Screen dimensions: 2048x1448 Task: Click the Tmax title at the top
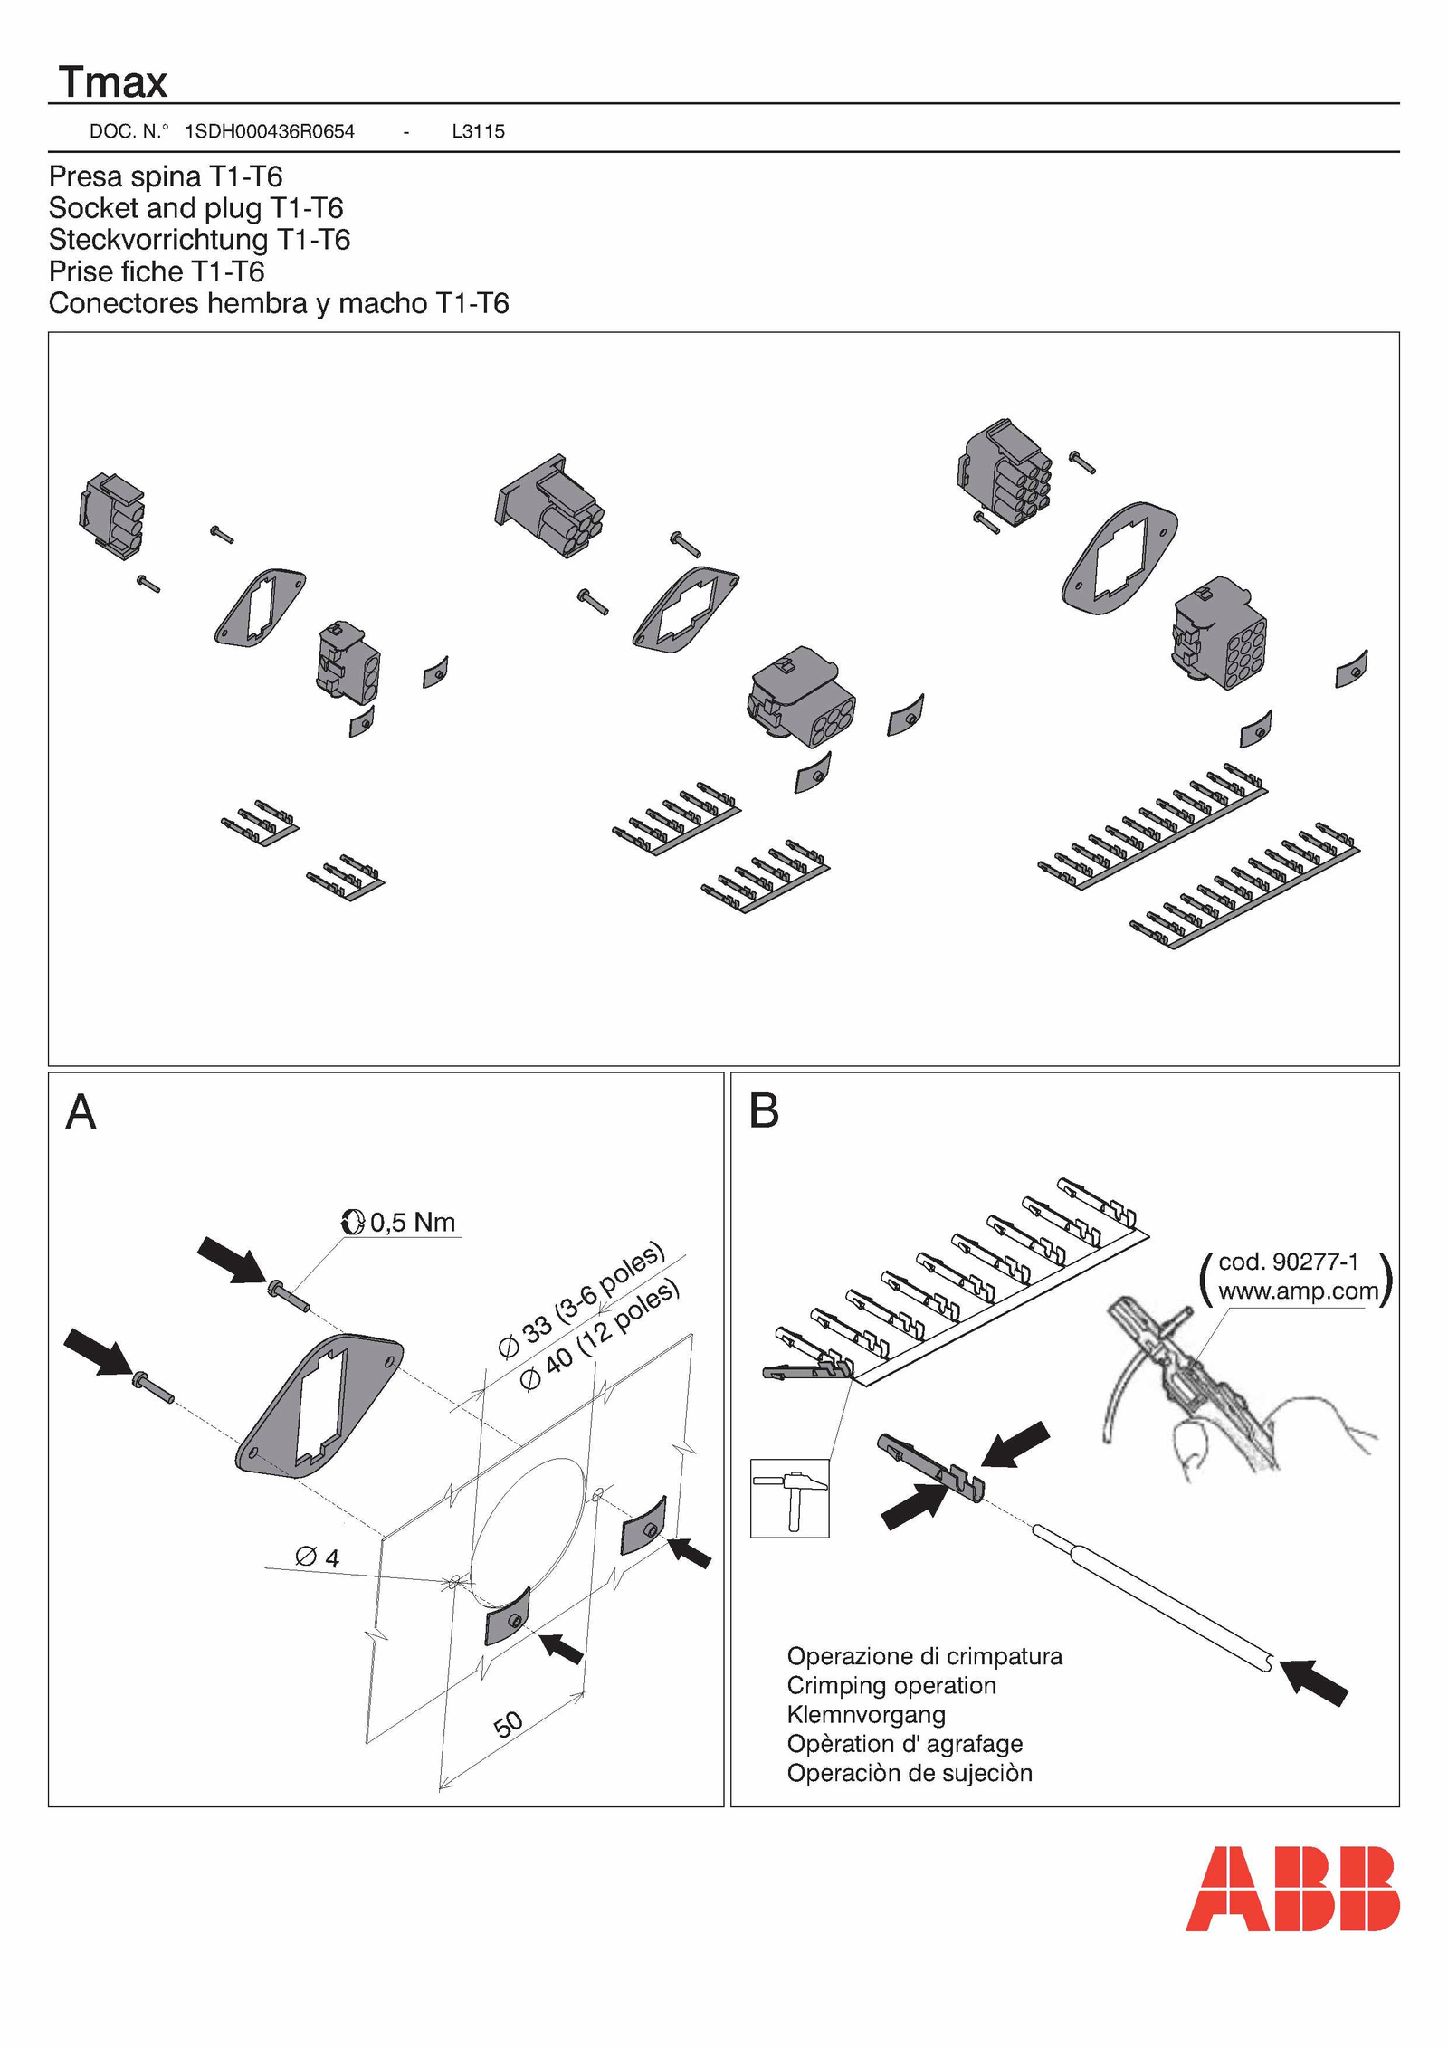[113, 82]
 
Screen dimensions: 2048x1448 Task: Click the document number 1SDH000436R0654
[269, 131]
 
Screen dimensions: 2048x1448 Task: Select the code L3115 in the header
[478, 131]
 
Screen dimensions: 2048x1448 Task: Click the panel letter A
[81, 1112]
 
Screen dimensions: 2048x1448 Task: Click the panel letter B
[764, 1112]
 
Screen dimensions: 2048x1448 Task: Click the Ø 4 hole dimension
[318, 1557]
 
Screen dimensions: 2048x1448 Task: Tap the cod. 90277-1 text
[1288, 1262]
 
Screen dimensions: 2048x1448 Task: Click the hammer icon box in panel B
[789, 1498]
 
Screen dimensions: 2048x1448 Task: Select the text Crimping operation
[891, 1685]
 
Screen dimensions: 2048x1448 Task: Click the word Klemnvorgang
[866, 1714]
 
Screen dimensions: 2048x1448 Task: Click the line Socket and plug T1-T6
[195, 208]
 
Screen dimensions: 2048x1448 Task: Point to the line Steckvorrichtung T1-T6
[199, 240]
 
